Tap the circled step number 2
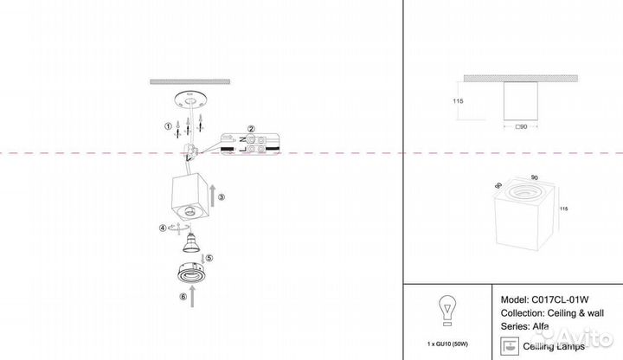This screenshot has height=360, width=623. coord(250,129)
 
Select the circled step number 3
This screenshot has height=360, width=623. coord(222,197)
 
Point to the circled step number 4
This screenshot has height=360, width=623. coord(162,228)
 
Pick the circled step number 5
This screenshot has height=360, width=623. coord(209,258)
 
